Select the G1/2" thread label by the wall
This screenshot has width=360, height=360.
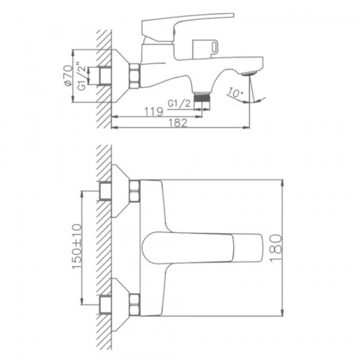[79, 76]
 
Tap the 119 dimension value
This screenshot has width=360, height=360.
[155, 110]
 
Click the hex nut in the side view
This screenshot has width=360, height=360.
[134, 76]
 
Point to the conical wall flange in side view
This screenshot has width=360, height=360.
[119, 76]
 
